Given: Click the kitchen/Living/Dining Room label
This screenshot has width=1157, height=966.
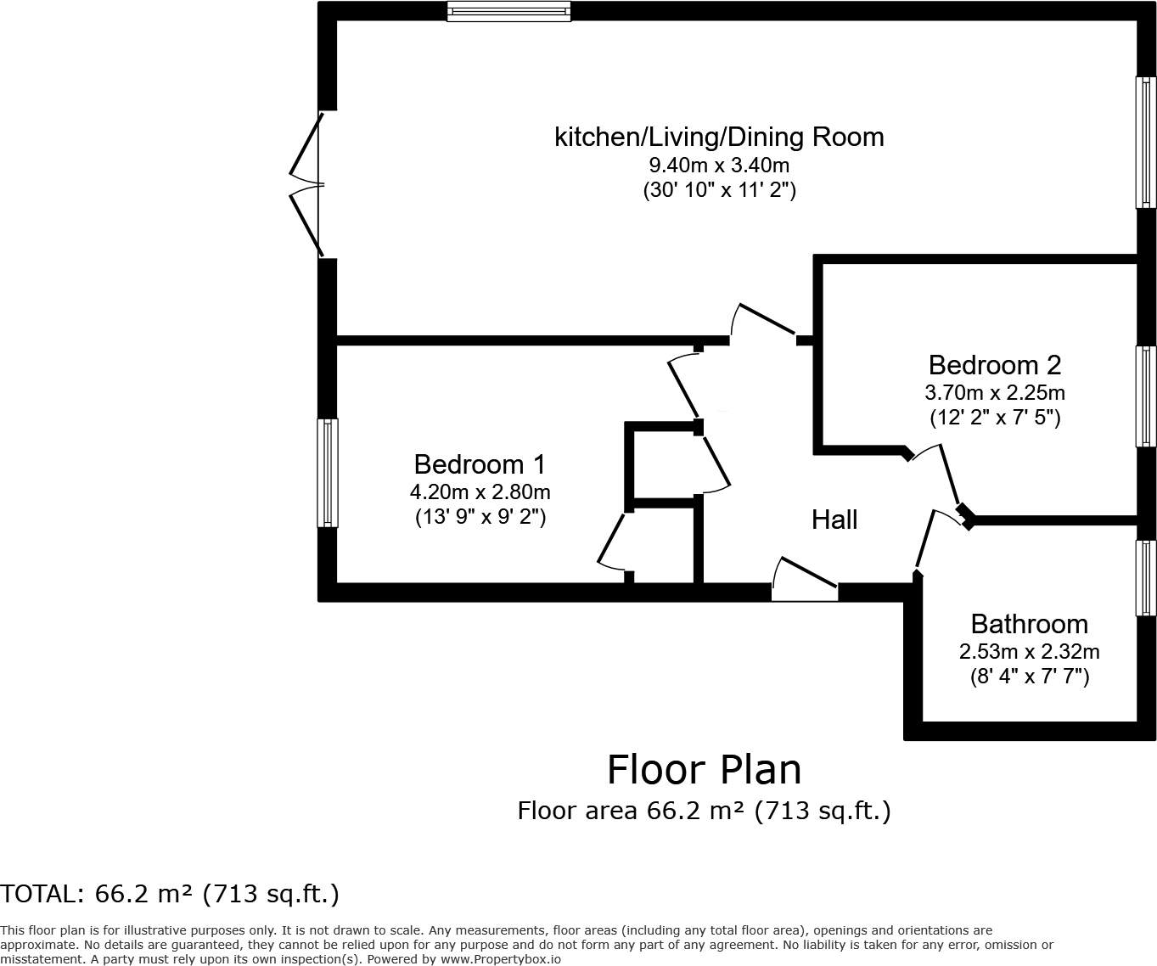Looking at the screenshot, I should click(719, 137).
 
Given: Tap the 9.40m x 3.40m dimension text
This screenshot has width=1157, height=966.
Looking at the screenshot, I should click(719, 165).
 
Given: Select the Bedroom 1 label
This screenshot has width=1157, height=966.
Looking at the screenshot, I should click(480, 464).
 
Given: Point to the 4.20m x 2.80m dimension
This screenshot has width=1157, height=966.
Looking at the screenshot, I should click(480, 491).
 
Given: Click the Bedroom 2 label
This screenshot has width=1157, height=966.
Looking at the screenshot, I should click(994, 365).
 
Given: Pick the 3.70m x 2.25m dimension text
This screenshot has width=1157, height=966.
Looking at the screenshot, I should click(994, 393).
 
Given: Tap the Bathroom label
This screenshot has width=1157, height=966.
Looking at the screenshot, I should click(1029, 624).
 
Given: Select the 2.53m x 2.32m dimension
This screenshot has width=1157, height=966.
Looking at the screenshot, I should click(1029, 652).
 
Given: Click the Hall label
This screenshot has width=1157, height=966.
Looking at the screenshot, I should click(834, 520).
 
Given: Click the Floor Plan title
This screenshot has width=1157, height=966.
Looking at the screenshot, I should click(704, 770).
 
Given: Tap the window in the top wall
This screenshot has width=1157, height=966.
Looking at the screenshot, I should click(509, 11).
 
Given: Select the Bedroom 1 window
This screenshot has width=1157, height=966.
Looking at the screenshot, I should click(328, 472).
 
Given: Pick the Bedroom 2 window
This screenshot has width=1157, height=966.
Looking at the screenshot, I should click(1146, 396).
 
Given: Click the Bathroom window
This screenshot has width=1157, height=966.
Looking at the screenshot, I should click(1146, 578).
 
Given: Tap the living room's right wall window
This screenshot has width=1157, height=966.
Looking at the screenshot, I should click(1146, 142).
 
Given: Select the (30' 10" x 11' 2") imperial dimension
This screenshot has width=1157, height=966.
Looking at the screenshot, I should click(719, 190).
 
